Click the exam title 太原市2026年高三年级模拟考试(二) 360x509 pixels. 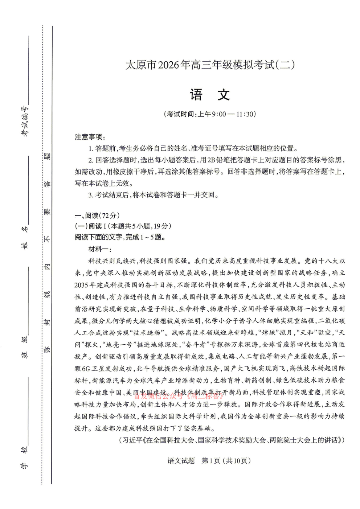pyautogui.click(x=210, y=65)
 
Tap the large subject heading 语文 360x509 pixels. pyautogui.click(x=210, y=95)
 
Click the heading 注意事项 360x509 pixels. pyautogui.click(x=89, y=137)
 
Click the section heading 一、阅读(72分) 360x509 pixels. pyautogui.click(x=97, y=215)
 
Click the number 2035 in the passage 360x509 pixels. pyautogui.click(x=81, y=285)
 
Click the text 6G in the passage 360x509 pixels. pyautogui.click(x=86, y=369)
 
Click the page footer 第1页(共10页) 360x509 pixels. pyautogui.click(x=226, y=461)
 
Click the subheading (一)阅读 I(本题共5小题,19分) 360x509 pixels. pyautogui.click(x=123, y=226)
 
